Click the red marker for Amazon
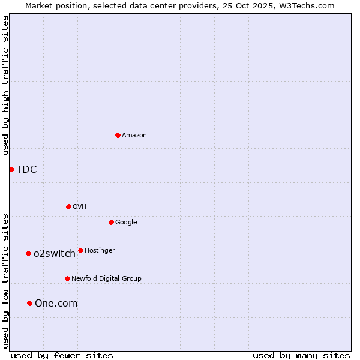point(118,135)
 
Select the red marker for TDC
point(11,169)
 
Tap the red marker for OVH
point(68,206)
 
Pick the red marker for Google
point(111,222)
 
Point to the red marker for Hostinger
point(80,250)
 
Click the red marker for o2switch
point(28,253)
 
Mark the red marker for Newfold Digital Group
point(67,278)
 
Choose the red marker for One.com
point(29,303)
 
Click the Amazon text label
point(134,136)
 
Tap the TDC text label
point(26,170)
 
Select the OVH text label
point(79,207)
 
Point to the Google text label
point(126,223)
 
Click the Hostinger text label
point(100,251)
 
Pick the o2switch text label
point(54,254)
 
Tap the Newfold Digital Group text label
point(106,279)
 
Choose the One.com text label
point(56,304)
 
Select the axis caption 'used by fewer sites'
point(62,355)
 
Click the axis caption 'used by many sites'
point(301,355)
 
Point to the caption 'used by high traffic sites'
point(5,85)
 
